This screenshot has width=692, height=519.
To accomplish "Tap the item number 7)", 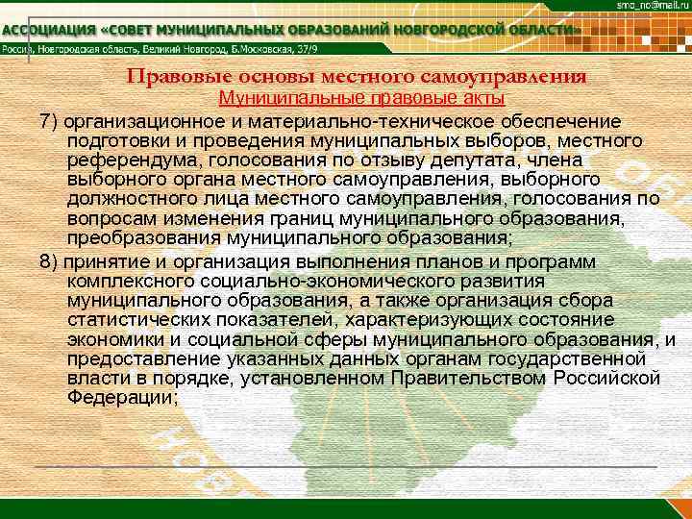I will click(x=49, y=122).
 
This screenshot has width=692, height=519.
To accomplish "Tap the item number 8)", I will click(x=49, y=262).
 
